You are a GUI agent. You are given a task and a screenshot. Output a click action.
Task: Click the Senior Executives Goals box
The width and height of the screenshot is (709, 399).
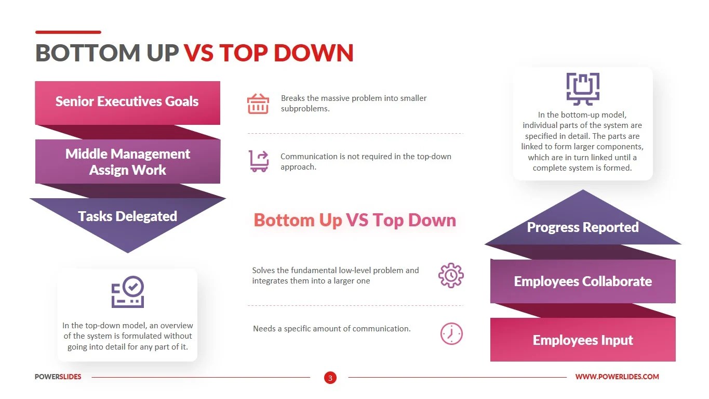[127, 102]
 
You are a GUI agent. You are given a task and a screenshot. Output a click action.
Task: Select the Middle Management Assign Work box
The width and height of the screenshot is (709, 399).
[127, 162]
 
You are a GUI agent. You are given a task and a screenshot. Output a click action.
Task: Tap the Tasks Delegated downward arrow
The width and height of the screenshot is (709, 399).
[127, 218]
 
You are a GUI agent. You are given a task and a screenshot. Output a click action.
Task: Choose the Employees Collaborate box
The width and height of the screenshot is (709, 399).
[583, 281]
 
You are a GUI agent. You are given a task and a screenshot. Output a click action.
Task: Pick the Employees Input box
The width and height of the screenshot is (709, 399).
[583, 340]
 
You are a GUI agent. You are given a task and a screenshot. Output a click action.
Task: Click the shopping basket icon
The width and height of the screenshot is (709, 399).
[258, 104]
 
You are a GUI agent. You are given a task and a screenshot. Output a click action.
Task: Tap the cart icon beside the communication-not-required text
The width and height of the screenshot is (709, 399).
[259, 161]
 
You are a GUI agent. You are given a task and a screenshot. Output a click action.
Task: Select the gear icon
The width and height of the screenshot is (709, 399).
[451, 275]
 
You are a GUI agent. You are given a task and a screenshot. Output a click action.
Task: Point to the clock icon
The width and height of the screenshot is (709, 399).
[451, 333]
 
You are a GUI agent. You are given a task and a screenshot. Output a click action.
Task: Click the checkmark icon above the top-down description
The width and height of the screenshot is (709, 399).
[128, 292]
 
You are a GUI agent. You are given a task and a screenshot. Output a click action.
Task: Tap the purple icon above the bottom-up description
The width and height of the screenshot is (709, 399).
[582, 89]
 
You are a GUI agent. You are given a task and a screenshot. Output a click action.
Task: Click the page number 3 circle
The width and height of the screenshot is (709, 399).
[330, 378]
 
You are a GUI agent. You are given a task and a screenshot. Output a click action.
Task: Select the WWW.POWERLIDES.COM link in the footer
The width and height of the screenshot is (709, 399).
[617, 377]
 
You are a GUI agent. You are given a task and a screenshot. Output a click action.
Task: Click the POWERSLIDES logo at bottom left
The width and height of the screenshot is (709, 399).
[58, 377]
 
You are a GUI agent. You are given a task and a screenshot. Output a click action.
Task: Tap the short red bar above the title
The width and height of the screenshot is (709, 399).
[68, 32]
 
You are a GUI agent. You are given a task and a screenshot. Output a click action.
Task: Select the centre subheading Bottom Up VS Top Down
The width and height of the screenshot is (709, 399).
[355, 220]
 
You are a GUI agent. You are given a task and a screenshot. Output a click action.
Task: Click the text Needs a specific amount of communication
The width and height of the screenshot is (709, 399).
[331, 329]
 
